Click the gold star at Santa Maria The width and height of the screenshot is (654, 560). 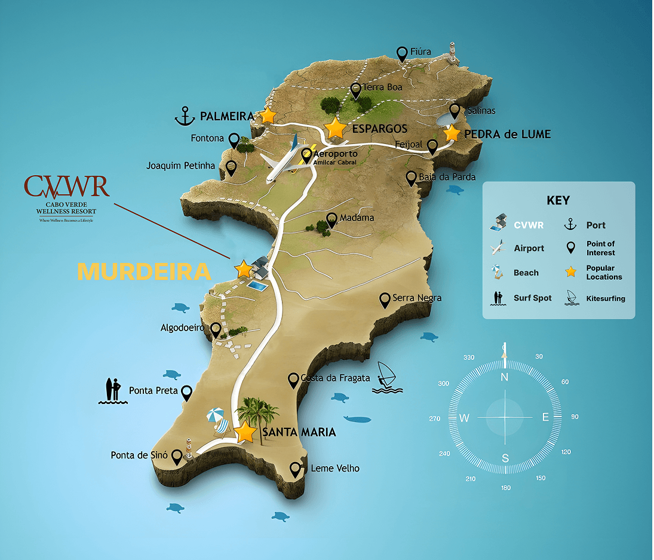coord(245,432)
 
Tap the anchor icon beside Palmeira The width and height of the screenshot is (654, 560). coord(185,116)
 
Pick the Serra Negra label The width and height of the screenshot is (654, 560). coord(417,298)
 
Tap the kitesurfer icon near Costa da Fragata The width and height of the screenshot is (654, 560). coord(386,378)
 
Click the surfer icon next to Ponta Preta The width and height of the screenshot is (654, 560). coord(112,391)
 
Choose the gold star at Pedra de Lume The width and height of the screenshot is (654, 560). coord(452,133)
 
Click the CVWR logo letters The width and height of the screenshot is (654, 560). coord(67,187)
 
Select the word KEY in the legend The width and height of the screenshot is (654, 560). coord(558,200)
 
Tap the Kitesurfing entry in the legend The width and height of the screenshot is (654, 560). coord(606,298)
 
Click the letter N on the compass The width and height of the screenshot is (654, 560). coord(504,377)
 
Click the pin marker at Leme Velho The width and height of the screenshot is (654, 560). coord(295,469)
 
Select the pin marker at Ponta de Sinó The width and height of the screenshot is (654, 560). coord(177,457)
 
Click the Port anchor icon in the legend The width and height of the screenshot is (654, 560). coord(570,225)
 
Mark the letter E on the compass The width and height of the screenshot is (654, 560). coord(545,417)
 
